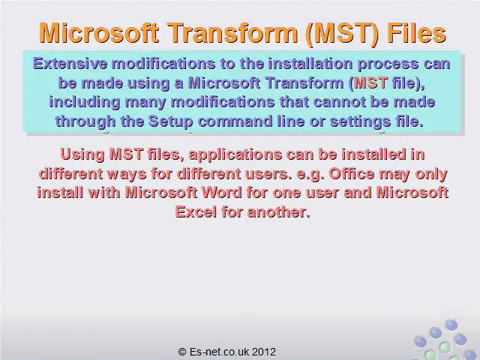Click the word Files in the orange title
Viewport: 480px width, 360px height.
pos(417,33)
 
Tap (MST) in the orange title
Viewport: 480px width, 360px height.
pos(342,34)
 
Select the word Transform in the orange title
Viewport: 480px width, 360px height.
pos(233,33)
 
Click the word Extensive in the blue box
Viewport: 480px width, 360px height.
pos(70,64)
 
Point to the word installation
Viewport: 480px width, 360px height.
pos(310,64)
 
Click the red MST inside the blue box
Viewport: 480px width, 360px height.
pos(370,82)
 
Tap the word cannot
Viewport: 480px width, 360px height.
pos(340,102)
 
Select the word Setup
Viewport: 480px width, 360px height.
pos(171,121)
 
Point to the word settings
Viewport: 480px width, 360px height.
pos(360,122)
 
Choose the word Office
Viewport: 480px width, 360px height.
pos(352,173)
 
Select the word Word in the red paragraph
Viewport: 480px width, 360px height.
pos(222,193)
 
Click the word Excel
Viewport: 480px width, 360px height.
pos(196,211)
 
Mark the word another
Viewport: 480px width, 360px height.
pos(278,211)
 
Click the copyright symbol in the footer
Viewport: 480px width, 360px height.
pos(182,352)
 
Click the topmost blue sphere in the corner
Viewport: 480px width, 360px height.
pos(451,325)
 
